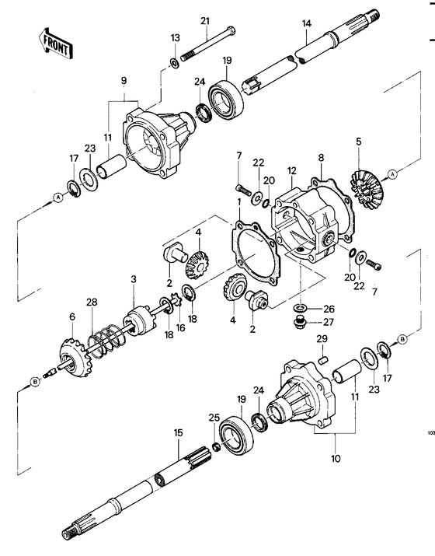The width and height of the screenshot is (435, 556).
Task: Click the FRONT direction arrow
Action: [x=55, y=44]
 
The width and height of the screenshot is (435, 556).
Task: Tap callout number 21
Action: [x=205, y=20]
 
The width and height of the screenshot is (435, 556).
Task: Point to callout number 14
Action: [x=307, y=25]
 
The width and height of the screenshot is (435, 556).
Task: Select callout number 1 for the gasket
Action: [x=240, y=202]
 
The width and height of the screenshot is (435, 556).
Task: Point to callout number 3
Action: [x=134, y=278]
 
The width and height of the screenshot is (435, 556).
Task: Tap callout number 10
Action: [x=335, y=459]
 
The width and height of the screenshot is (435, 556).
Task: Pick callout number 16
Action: [x=181, y=329]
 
